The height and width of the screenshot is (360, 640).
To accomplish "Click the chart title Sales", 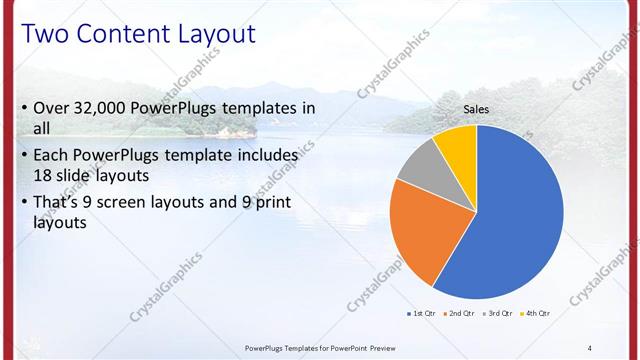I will [476, 109].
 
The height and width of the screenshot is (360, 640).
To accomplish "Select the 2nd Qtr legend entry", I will [461, 313].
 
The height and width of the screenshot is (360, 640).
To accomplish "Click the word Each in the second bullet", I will [52, 156].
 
